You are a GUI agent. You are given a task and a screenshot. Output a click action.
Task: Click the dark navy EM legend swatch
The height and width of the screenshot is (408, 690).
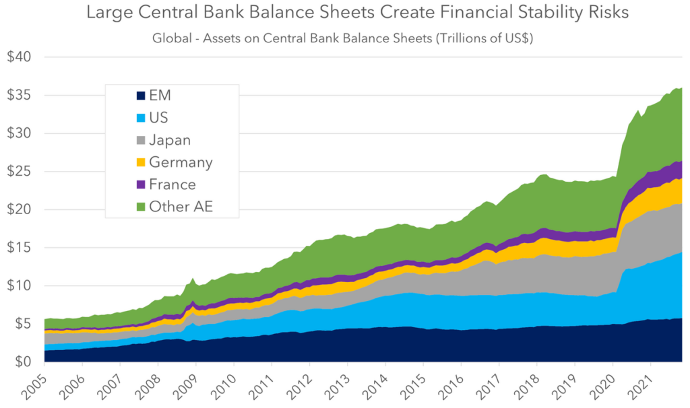tap(123, 96)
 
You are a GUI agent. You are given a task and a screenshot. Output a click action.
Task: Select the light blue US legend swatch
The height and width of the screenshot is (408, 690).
tap(123, 118)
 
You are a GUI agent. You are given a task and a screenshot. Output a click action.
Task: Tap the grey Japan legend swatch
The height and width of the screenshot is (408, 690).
tap(123, 140)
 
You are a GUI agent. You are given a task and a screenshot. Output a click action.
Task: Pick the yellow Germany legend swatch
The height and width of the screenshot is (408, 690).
tap(123, 162)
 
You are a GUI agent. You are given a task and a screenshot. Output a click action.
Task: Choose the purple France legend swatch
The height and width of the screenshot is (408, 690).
tap(123, 184)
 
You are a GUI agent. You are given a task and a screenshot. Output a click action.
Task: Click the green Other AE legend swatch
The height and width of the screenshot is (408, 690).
tap(123, 207)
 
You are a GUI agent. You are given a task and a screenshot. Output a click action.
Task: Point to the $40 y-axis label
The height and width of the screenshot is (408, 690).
tap(20, 57)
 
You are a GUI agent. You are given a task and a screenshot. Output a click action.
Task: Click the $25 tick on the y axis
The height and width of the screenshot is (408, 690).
tap(20, 172)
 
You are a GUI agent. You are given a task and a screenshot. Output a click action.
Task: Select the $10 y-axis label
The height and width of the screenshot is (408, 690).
tap(20, 286)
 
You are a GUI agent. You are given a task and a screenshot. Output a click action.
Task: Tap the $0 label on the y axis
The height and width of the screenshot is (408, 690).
tap(24, 362)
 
